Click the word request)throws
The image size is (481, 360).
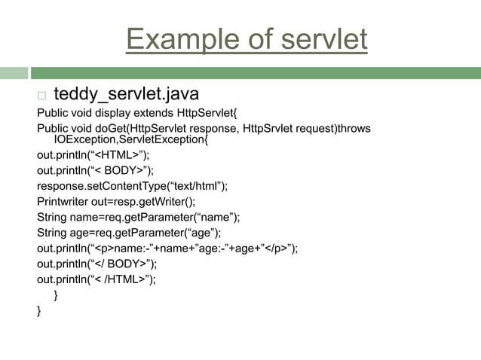point(332,129)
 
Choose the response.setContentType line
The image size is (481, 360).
point(132,186)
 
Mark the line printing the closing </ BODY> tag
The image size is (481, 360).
point(97,264)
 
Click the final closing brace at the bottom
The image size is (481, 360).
point(40,310)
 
